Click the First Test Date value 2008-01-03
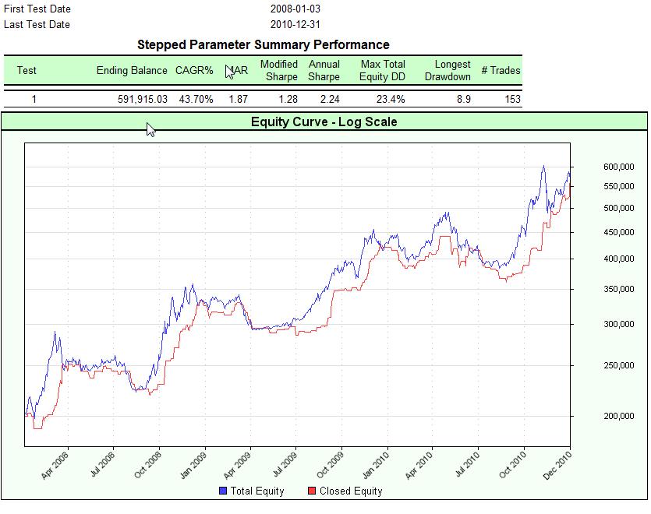pyautogui.click(x=295, y=9)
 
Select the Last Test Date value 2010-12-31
pyautogui.click(x=295, y=24)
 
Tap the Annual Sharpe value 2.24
pyautogui.click(x=324, y=99)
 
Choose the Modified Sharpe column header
pyautogui.click(x=279, y=70)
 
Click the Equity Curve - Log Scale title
pyautogui.click(x=324, y=121)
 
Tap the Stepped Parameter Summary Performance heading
pyautogui.click(x=263, y=44)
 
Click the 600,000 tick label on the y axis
pyautogui.click(x=620, y=167)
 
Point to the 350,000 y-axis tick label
pyautogui.click(x=620, y=290)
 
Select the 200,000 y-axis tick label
pyautogui.click(x=620, y=417)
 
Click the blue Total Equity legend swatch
pyautogui.click(x=223, y=491)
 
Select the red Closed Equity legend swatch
pyautogui.click(x=312, y=491)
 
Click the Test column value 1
pyautogui.click(x=34, y=99)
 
